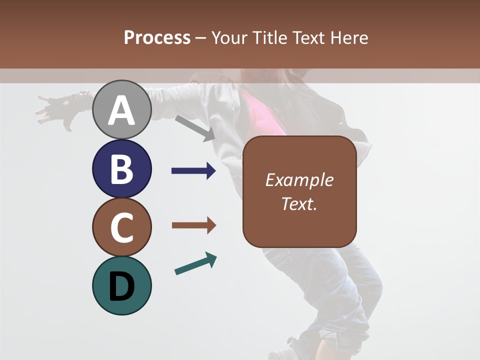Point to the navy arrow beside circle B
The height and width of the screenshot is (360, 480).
point(193,171)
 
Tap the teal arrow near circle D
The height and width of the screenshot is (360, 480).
point(195,263)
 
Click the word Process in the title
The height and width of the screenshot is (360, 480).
point(157,37)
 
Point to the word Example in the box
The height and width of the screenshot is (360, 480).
point(299,180)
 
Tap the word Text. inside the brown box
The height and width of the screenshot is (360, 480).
point(299,204)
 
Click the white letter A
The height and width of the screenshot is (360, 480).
point(121,110)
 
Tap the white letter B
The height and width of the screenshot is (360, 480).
point(121,169)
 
